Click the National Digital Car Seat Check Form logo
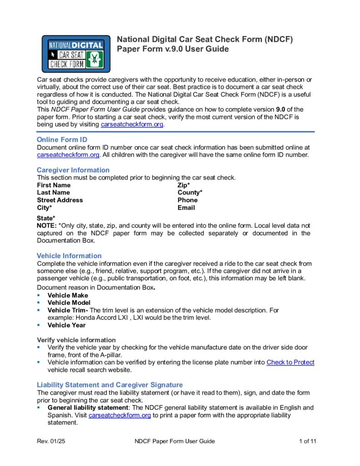[x=76, y=54]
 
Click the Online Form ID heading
[x=62, y=140]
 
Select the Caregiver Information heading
[x=73, y=170]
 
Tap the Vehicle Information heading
[x=69, y=256]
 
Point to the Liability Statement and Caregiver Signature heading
[x=110, y=385]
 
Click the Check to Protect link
[x=290, y=362]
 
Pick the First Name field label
[x=54, y=185]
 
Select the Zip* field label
[x=183, y=185]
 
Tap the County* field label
[x=190, y=192]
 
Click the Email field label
[x=186, y=208]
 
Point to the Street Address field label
[x=60, y=200]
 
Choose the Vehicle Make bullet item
[x=68, y=295]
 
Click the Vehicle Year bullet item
[x=66, y=325]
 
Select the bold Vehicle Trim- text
[x=68, y=310]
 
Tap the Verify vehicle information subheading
[x=76, y=340]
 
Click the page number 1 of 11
[x=307, y=441]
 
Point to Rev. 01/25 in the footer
[x=51, y=441]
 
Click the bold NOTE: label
[x=46, y=226]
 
